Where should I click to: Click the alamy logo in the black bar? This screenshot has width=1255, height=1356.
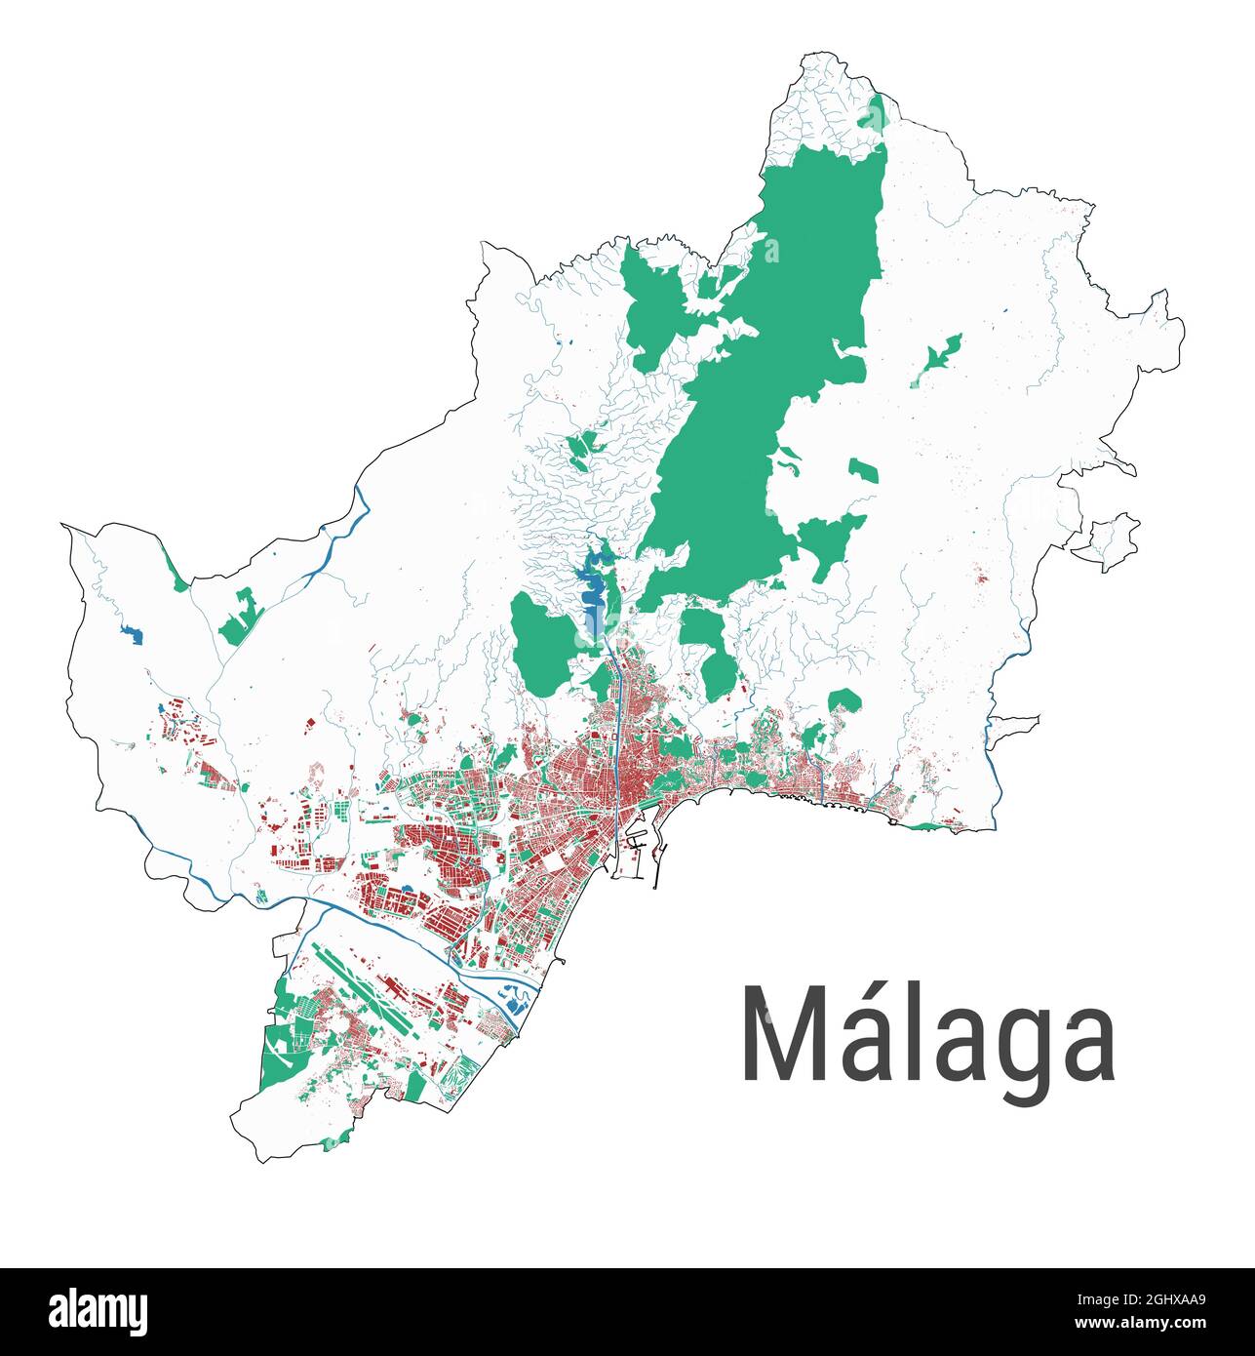click(x=98, y=1311)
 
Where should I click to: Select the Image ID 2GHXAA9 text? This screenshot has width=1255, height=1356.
click(x=1141, y=1298)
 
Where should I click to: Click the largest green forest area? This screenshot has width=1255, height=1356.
click(x=770, y=390)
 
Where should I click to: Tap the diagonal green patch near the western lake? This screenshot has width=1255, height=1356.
click(x=240, y=617)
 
